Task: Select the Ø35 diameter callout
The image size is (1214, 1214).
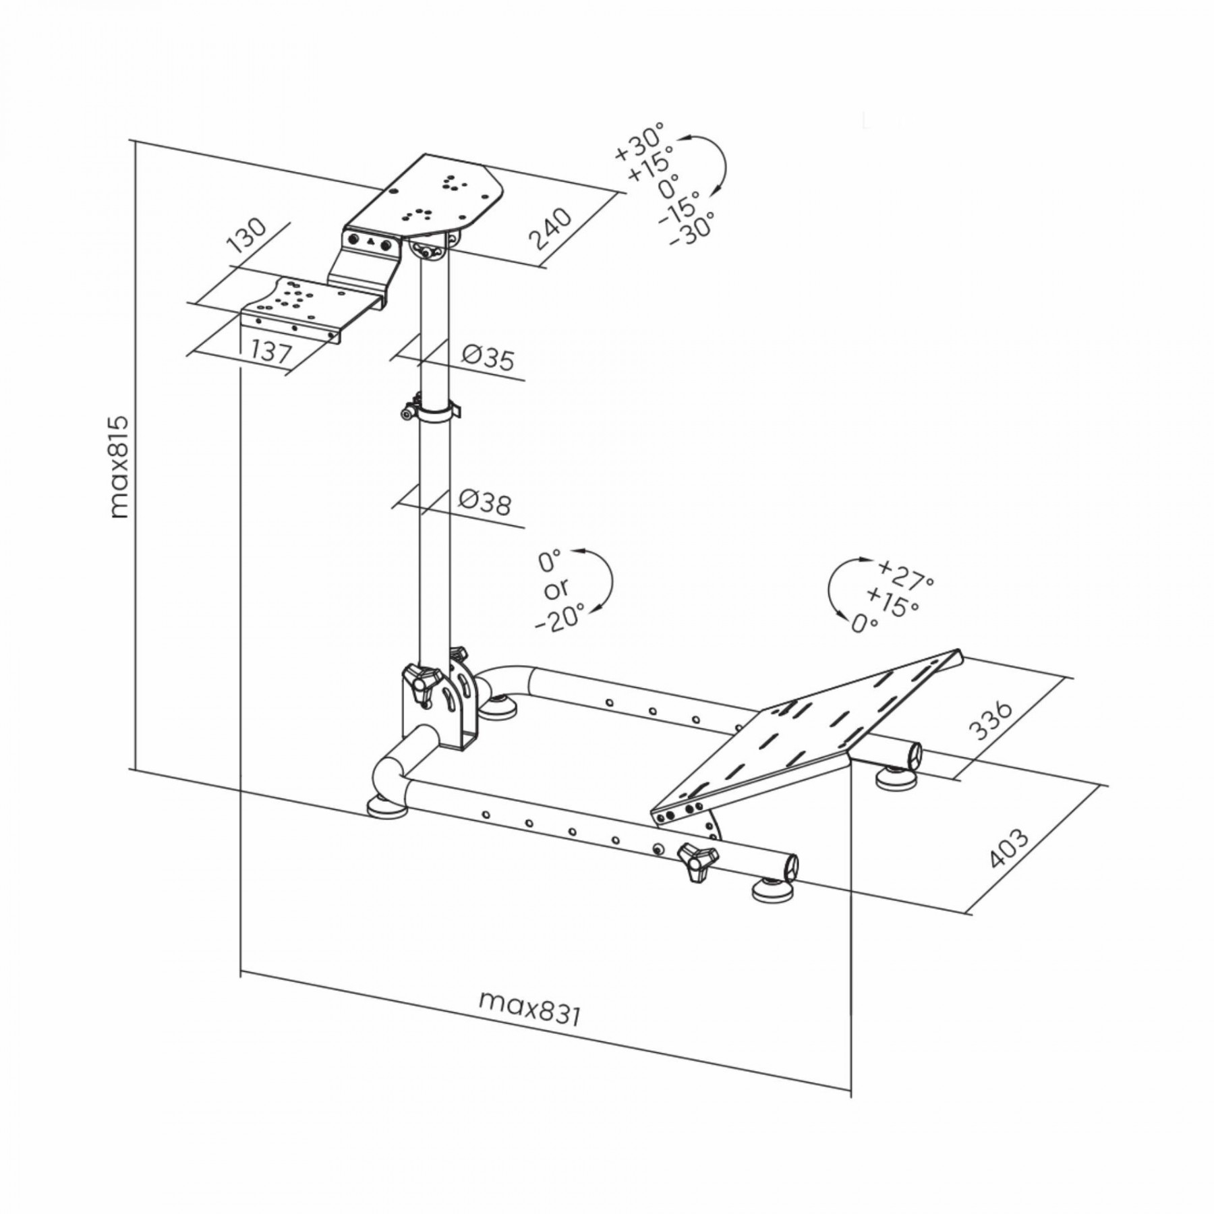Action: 488,357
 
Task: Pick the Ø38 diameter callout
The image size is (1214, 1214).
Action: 485,501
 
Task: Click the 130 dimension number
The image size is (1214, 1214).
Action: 246,235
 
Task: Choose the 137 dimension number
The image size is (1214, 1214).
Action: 271,351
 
